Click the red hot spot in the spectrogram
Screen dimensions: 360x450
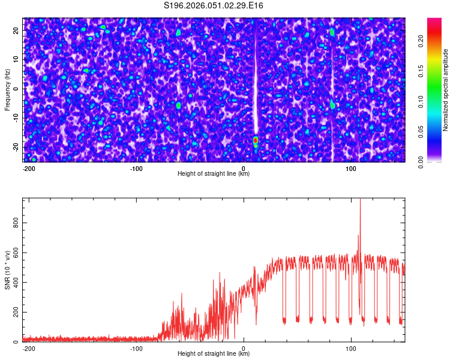pyautogui.click(x=256, y=140)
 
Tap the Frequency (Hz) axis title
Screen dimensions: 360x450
pyautogui.click(x=8, y=90)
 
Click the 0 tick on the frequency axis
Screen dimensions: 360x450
pyautogui.click(x=17, y=89)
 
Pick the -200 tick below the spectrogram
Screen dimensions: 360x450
pyautogui.click(x=29, y=169)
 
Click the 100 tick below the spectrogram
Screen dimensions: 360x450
pyautogui.click(x=352, y=169)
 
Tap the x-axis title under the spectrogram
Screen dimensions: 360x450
pyautogui.click(x=214, y=174)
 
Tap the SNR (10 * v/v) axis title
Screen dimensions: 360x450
pyautogui.click(x=8, y=270)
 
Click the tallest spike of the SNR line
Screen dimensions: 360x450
pyautogui.click(x=360, y=200)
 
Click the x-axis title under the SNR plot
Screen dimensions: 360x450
pyautogui.click(x=214, y=354)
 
